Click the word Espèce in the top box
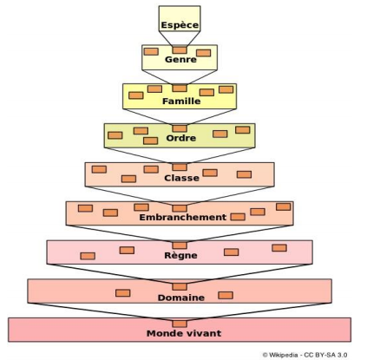click(180, 25)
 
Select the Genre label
click(180, 60)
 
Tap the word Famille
click(181, 101)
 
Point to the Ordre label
click(181, 138)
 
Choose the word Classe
click(181, 178)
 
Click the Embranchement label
click(183, 217)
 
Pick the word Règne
click(180, 255)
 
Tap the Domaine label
click(181, 298)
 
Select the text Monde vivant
click(184, 333)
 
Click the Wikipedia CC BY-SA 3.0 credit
click(304, 355)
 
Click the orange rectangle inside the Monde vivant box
click(180, 324)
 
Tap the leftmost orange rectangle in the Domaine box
click(122, 293)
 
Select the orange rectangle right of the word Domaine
click(226, 295)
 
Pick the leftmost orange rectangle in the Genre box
click(151, 51)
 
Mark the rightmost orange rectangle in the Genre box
click(203, 53)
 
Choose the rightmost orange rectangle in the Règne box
click(279, 248)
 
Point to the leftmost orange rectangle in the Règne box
click(88, 256)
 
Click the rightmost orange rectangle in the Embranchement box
click(284, 206)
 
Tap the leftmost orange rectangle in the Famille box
click(136, 95)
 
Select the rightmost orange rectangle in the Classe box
click(244, 174)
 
